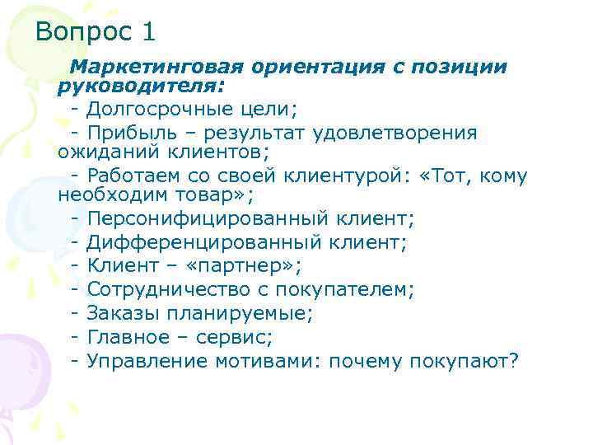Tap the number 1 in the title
[x=148, y=33]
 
